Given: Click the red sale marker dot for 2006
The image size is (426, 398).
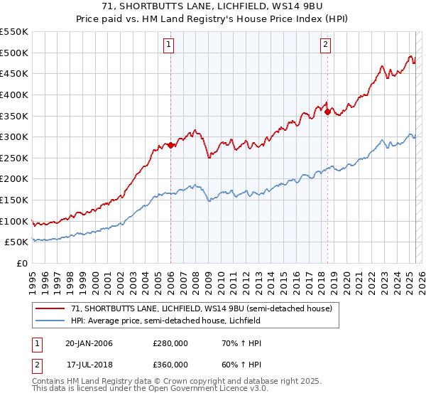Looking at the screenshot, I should click(x=170, y=145).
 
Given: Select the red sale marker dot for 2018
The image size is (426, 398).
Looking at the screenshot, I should click(x=327, y=111).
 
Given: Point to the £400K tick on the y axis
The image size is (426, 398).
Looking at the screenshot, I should click(x=15, y=95).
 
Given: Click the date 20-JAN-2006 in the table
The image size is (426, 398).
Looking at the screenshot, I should click(x=89, y=343).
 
